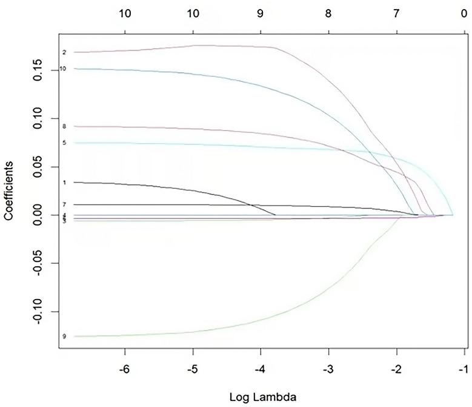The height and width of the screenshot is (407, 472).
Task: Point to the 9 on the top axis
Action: pos(261,12)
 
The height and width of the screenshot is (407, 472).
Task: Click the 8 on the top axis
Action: pos(328,12)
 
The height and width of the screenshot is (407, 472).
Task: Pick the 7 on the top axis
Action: pos(396,12)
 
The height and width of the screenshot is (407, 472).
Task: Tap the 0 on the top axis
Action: pos(464,12)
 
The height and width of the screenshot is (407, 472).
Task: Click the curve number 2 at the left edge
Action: pos(64,53)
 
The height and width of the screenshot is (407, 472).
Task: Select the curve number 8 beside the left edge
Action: pos(64,126)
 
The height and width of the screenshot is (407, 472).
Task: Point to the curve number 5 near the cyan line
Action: pos(64,143)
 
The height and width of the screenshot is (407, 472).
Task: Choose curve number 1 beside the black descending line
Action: pos(64,183)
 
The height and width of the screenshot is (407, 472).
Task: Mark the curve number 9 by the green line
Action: pos(64,336)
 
